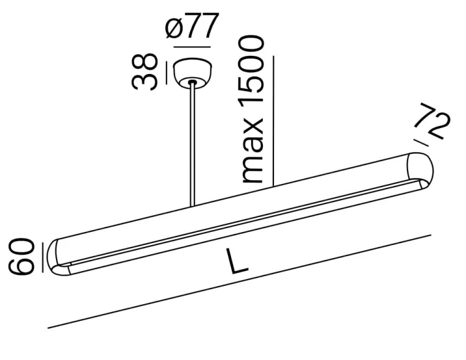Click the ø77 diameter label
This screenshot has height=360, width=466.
tap(192, 25)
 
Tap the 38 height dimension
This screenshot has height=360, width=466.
tap(144, 72)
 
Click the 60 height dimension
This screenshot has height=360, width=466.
tap(21, 256)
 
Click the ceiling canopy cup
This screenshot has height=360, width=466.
tap(193, 73)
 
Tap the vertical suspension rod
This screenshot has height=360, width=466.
tap(193, 144)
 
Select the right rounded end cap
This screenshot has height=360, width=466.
tap(420, 170)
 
